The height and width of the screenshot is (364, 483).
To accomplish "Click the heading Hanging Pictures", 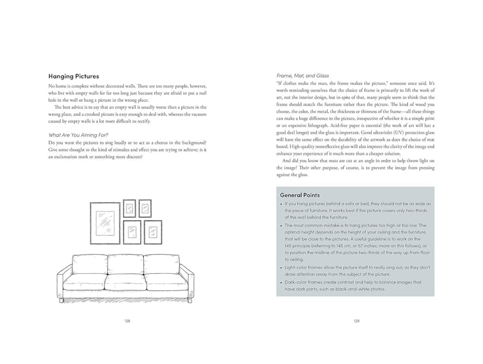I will [74, 76].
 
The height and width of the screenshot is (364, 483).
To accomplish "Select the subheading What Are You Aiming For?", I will [78, 135].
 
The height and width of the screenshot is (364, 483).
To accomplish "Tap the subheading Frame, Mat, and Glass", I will [302, 75].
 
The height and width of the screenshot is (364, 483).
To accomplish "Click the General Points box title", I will [300, 195].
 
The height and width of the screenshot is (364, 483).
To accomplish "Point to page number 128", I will [127, 321].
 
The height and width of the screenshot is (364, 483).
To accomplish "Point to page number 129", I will [356, 321].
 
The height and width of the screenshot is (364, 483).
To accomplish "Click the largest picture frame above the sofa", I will [105, 223].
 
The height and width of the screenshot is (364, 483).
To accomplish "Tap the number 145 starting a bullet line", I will [289, 246].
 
